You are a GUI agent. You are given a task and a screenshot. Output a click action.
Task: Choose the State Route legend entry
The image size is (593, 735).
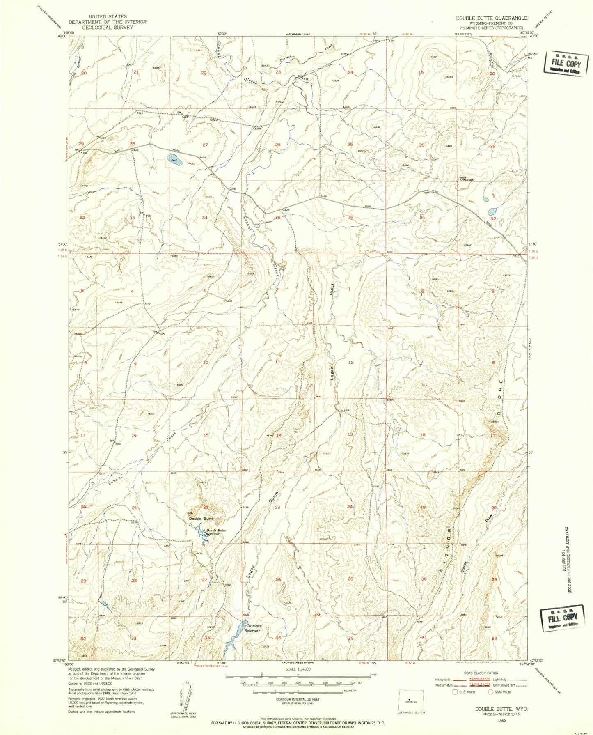[499, 692]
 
